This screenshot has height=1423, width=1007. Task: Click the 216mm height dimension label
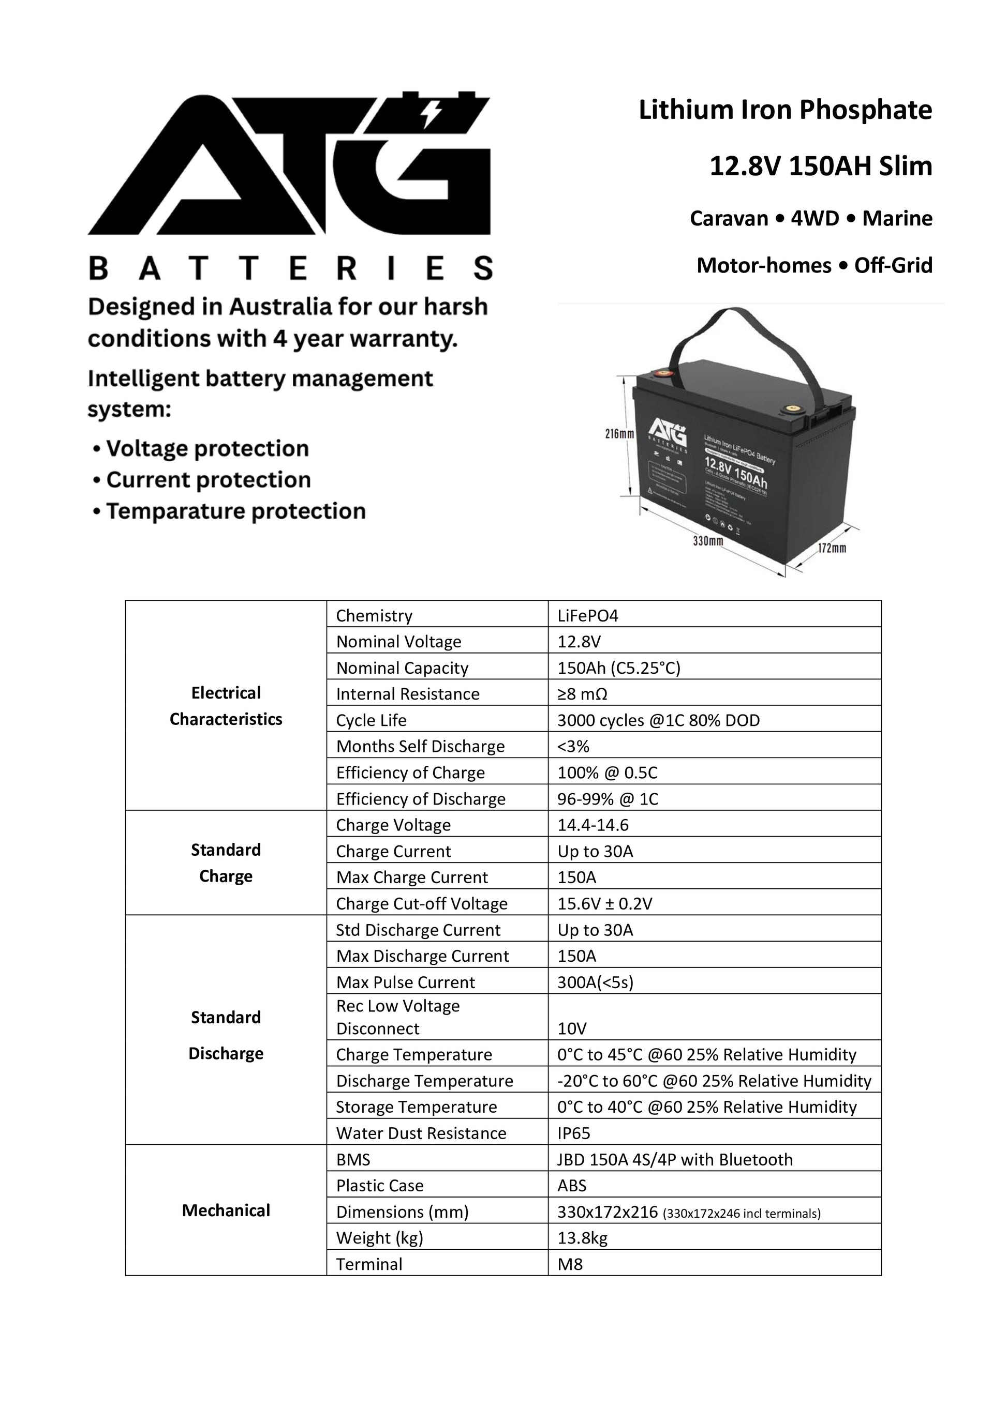pyautogui.click(x=619, y=434)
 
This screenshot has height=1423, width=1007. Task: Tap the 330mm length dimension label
pyautogui.click(x=707, y=541)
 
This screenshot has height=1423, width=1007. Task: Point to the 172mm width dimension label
pyautogui.click(x=832, y=548)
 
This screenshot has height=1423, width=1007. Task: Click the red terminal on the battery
pyautogui.click(x=663, y=374)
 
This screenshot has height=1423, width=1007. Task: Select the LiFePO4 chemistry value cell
pyautogui.click(x=588, y=615)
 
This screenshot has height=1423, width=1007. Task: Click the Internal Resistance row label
pyautogui.click(x=407, y=693)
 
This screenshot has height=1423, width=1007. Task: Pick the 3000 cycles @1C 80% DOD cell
pyautogui.click(x=658, y=720)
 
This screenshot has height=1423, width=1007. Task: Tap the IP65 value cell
pyautogui.click(x=573, y=1133)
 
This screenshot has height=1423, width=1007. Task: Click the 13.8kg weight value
pyautogui.click(x=582, y=1238)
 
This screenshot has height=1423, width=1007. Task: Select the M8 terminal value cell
pyautogui.click(x=570, y=1264)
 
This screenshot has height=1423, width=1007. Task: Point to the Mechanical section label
pyautogui.click(x=226, y=1210)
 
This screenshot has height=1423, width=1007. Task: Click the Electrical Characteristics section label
pyautogui.click(x=226, y=706)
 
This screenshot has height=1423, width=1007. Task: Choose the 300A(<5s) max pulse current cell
pyautogui.click(x=595, y=982)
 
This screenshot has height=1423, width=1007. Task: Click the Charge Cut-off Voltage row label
pyautogui.click(x=422, y=904)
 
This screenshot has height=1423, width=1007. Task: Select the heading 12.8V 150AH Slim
pyautogui.click(x=820, y=166)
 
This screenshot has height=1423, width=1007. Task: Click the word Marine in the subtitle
pyautogui.click(x=897, y=218)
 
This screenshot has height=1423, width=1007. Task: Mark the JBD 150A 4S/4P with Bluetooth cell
pyautogui.click(x=675, y=1160)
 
